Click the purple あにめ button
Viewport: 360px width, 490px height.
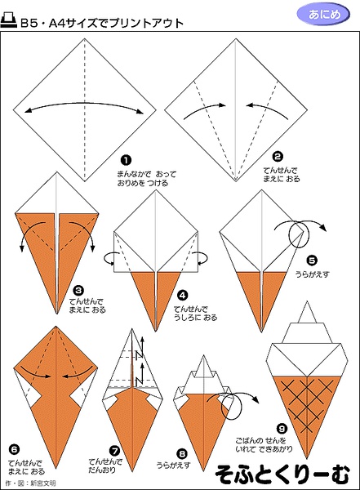[x=323, y=15]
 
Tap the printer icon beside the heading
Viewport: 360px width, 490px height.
[x=9, y=20]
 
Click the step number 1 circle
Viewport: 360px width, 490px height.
[x=126, y=161]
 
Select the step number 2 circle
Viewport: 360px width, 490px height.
[x=278, y=157]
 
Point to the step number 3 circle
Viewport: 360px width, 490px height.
[x=78, y=291]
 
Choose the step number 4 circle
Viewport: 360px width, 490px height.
[x=183, y=295]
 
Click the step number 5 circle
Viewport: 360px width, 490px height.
[x=312, y=261]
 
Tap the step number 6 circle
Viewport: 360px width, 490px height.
[x=14, y=450]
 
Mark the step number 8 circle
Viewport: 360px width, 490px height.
[x=182, y=454]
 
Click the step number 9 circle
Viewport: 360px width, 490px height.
[x=282, y=429]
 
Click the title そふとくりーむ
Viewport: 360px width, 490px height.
[x=282, y=475]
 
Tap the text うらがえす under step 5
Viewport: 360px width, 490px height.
[x=313, y=274]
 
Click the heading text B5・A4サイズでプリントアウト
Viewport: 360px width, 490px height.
[x=102, y=23]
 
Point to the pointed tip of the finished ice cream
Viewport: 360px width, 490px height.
[x=307, y=301]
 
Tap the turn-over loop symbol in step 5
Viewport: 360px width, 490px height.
[x=299, y=234]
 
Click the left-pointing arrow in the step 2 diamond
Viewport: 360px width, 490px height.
[x=266, y=110]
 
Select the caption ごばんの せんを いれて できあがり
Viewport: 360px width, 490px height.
[x=264, y=445]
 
